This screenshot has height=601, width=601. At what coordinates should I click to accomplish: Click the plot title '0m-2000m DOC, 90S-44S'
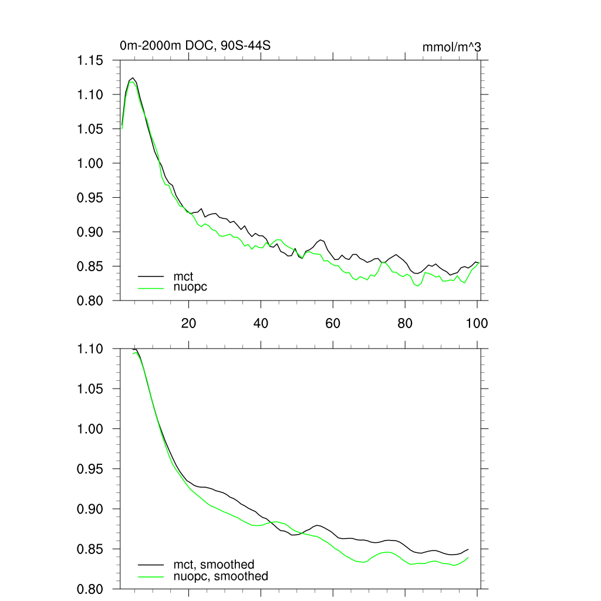coord(195,46)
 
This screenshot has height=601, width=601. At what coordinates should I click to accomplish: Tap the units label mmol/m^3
coord(452,47)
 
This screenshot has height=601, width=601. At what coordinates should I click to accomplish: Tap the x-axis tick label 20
coord(188,323)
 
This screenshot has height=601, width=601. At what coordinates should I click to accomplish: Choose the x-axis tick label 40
coord(261,323)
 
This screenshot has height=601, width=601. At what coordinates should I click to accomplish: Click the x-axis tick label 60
coord(333,323)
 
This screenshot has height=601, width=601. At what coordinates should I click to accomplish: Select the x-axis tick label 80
coord(405,323)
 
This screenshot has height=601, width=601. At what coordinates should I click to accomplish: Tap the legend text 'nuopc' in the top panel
coord(191,288)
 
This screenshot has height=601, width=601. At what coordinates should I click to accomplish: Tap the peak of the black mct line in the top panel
coord(133,78)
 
